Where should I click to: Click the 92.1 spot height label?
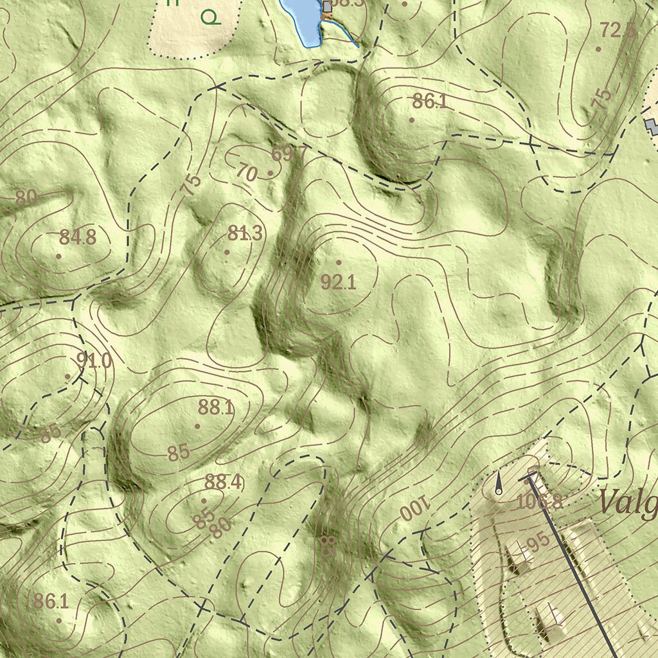338,281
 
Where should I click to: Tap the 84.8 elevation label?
77,237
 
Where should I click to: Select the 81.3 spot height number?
245,233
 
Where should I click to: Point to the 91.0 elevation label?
94,360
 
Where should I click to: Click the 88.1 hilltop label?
216,407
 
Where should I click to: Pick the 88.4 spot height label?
224,482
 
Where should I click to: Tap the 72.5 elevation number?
619,30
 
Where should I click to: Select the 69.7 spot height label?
289,154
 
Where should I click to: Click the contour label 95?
538,540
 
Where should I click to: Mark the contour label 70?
247,172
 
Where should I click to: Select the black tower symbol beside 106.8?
499,484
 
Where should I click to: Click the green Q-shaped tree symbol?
210,17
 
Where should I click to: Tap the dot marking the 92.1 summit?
339,262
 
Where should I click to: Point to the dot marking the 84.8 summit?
58,256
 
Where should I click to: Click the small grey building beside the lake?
328,6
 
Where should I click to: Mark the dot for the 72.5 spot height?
598,49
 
